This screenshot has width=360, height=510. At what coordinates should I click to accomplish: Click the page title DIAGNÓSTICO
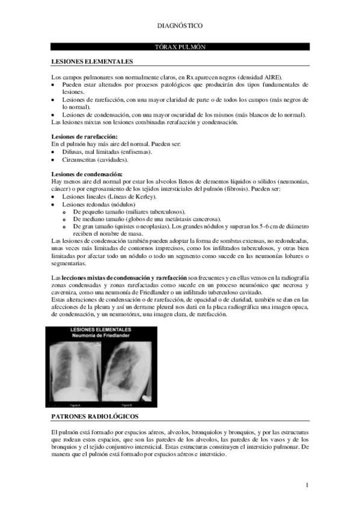180,26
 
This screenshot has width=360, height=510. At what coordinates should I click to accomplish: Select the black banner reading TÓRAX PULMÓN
180,46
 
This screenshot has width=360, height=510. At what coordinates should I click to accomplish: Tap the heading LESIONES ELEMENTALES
92,61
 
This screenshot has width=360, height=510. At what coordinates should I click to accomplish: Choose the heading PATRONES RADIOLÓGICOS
95,416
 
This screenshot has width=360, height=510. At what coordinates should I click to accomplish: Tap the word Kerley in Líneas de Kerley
144,197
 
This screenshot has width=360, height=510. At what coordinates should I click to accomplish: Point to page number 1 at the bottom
307,485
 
